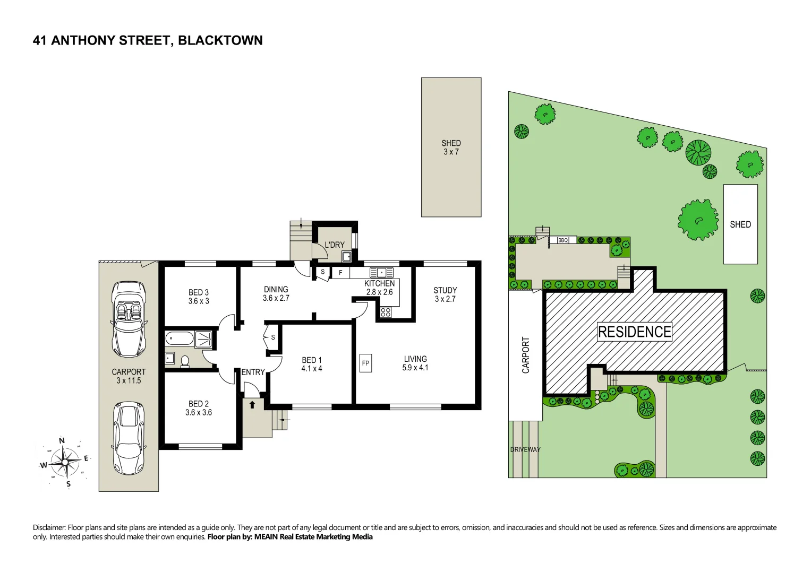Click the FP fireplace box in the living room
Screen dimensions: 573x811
pyautogui.click(x=365, y=363)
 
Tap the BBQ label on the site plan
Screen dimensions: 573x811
pyautogui.click(x=563, y=240)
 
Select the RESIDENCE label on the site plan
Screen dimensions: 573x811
pyautogui.click(x=635, y=332)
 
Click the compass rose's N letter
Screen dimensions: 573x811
pyautogui.click(x=62, y=441)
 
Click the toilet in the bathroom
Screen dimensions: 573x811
pyautogui.click(x=185, y=361)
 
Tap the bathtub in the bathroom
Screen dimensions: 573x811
pyautogui.click(x=180, y=338)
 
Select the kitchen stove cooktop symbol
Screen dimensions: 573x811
pyautogui.click(x=386, y=312)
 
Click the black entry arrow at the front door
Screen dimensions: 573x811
pyautogui.click(x=252, y=405)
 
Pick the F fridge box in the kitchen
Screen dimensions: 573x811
pyautogui.click(x=340, y=273)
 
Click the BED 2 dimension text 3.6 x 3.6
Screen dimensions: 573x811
pyautogui.click(x=199, y=413)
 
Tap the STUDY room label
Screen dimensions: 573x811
pyautogui.click(x=445, y=290)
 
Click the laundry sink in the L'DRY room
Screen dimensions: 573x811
pyautogui.click(x=346, y=257)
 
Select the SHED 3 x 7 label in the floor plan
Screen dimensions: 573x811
pyautogui.click(x=451, y=147)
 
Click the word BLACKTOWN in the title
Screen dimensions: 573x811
pyautogui.click(x=220, y=41)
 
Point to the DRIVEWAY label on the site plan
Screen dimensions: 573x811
pyautogui.click(x=525, y=449)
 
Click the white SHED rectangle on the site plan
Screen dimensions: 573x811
pyautogui.click(x=740, y=224)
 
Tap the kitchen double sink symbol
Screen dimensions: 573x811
pyautogui.click(x=381, y=273)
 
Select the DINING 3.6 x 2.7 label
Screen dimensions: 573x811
pyautogui.click(x=276, y=294)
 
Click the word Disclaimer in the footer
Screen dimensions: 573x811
pyautogui.click(x=49, y=527)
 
